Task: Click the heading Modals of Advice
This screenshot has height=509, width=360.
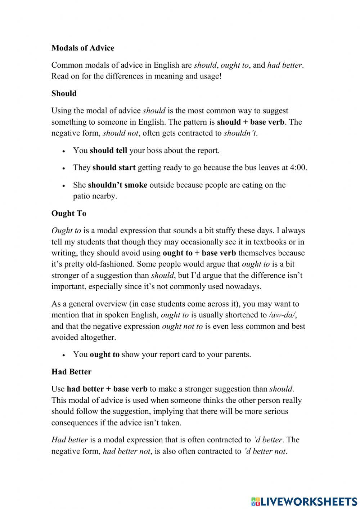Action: pos(83,48)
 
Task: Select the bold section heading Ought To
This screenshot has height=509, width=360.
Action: pos(69,213)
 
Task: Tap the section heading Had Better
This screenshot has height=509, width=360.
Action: pos(71,371)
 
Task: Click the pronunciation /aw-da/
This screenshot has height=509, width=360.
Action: pos(282,315)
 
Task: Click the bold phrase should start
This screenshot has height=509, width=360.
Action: pos(114,168)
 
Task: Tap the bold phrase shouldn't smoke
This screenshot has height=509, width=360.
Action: pos(117,185)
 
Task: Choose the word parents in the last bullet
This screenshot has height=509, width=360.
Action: pos(236,354)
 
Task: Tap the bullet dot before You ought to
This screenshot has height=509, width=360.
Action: pos(64,355)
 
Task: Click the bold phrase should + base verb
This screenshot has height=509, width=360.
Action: pos(251,122)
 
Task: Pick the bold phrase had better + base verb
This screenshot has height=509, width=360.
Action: pos(107,389)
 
